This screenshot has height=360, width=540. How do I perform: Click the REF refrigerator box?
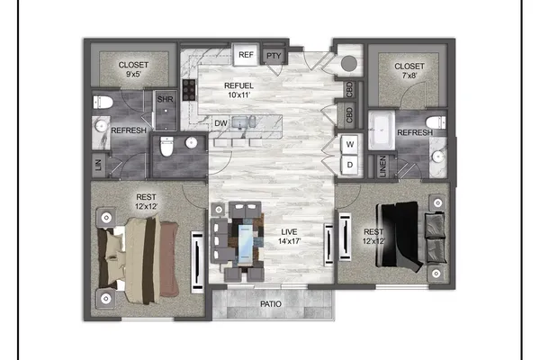click(x=246, y=54)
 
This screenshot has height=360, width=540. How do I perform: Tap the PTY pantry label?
click(x=274, y=56)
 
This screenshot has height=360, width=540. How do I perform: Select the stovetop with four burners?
click(x=189, y=90)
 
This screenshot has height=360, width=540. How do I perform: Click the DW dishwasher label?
click(x=220, y=123)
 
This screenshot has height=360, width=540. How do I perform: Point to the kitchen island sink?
click(x=240, y=122)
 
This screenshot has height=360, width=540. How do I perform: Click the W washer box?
click(x=350, y=144)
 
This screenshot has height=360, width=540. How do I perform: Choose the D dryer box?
click(x=350, y=165)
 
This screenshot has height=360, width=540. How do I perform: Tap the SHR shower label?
click(x=165, y=99)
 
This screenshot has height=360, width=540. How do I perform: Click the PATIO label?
click(x=271, y=304)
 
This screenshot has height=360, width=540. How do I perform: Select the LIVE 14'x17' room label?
click(x=289, y=237)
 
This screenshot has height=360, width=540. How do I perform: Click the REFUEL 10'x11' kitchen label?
click(x=238, y=90)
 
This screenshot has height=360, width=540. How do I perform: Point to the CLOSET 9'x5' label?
click(x=133, y=69)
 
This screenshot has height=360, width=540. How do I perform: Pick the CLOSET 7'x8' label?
click(x=409, y=70)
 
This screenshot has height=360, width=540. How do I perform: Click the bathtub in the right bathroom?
click(x=382, y=130)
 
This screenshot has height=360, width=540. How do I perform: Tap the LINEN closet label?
click(x=382, y=166)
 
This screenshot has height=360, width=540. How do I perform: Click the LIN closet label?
click(x=98, y=165)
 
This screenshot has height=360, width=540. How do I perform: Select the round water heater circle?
click(x=349, y=63)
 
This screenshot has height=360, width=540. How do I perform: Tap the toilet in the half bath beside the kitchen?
click(x=166, y=146)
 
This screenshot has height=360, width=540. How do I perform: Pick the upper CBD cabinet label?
click(x=349, y=90)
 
